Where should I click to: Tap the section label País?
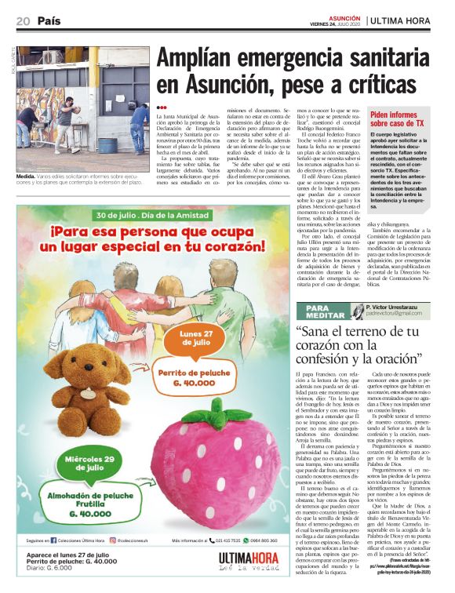click(48, 20)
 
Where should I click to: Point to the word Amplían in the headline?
click(202, 60)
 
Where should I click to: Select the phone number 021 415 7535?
click(227, 540)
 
